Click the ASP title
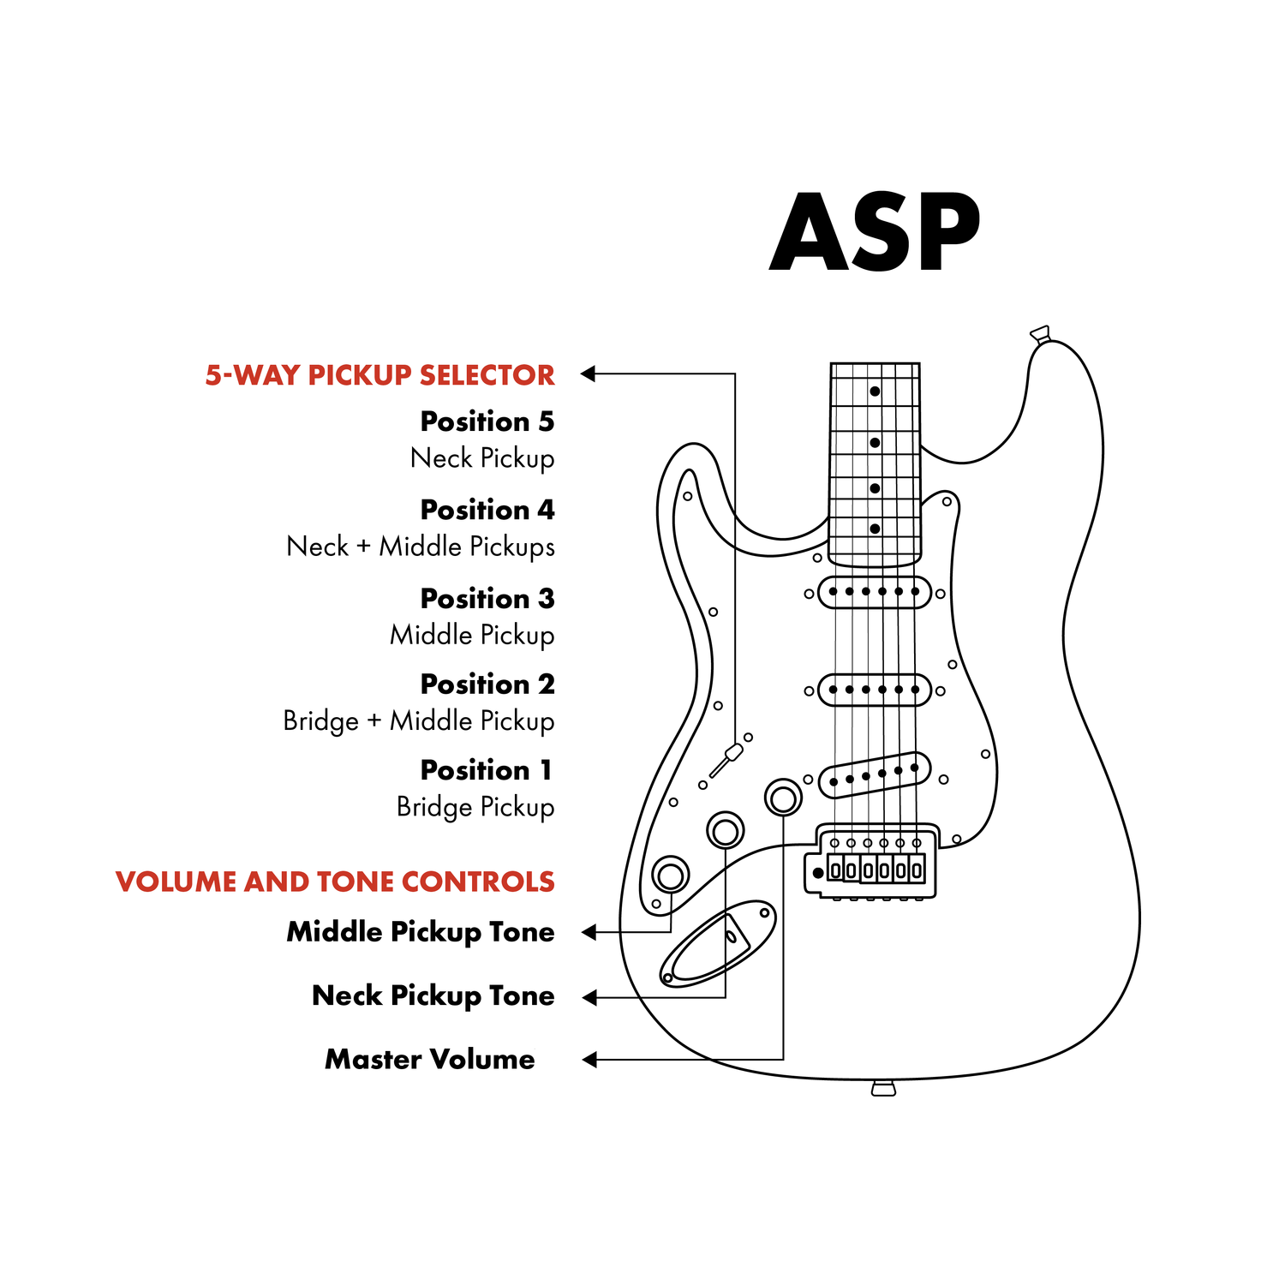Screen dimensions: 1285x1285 point(875,232)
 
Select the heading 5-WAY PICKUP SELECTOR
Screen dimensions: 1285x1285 point(380,375)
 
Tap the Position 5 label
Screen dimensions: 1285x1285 point(487,421)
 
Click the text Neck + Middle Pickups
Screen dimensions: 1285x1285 point(421,547)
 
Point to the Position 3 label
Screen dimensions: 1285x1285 point(487,598)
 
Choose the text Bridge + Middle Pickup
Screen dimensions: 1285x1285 point(419,721)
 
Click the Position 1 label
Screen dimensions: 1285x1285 point(487,770)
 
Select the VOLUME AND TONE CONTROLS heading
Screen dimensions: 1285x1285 point(335,882)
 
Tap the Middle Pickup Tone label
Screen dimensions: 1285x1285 point(421,932)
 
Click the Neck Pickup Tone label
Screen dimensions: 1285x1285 point(433,995)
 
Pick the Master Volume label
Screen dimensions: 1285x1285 point(430,1060)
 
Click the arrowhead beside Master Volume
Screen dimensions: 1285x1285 point(589,1060)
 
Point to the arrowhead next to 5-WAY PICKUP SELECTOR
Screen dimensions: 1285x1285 point(588,374)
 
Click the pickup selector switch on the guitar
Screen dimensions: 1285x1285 point(726,760)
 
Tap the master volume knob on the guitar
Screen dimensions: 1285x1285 point(783,798)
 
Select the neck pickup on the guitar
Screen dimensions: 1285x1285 point(875,592)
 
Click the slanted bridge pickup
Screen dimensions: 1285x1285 point(875,775)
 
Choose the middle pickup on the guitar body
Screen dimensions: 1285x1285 point(875,690)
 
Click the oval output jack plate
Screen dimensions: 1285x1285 point(718,943)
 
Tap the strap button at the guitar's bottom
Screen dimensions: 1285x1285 point(883,1088)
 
